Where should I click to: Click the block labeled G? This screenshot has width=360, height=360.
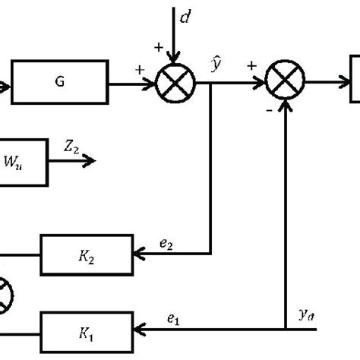[x=59, y=84]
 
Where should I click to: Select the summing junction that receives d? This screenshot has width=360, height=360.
[x=175, y=84]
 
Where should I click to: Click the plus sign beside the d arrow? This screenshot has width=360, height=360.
[x=159, y=48]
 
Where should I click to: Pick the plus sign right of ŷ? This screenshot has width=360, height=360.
[x=251, y=67]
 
